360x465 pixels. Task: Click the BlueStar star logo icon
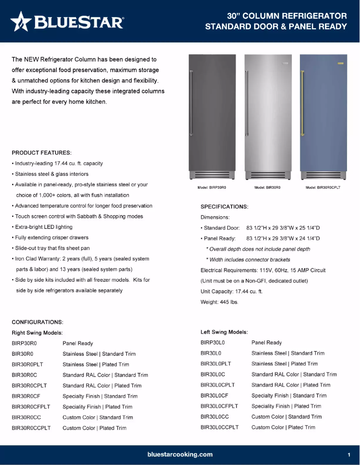tap(21, 22)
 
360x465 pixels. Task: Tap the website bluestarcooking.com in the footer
tap(180, 454)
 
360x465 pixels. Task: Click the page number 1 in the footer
tap(349, 455)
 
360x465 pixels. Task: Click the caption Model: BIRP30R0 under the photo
tap(211, 187)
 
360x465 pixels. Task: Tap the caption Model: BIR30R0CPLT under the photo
tap(323, 187)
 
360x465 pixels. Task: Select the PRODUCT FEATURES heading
tap(42, 153)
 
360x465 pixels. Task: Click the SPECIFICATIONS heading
tap(224, 207)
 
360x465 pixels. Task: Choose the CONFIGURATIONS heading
tap(37, 322)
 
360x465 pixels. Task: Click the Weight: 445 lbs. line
tap(220, 302)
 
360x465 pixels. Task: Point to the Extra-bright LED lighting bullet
tap(44, 227)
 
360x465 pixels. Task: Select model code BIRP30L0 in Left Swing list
tap(212, 343)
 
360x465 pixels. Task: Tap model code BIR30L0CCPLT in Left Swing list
tap(220, 427)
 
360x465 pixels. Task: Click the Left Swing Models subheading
tap(224, 332)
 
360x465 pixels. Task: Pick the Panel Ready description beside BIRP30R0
tap(78, 343)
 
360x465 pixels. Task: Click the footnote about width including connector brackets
tap(248, 260)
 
